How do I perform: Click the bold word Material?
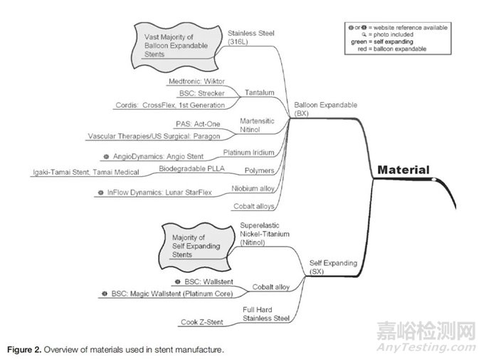pyautogui.click(x=403, y=170)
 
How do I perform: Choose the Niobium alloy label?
pyautogui.click(x=255, y=189)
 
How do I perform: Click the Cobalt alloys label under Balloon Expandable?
pyautogui.click(x=253, y=206)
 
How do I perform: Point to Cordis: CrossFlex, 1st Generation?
pyautogui.click(x=172, y=105)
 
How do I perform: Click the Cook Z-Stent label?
pyautogui.click(x=201, y=322)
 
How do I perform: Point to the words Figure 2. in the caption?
pyautogui.click(x=27, y=349)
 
